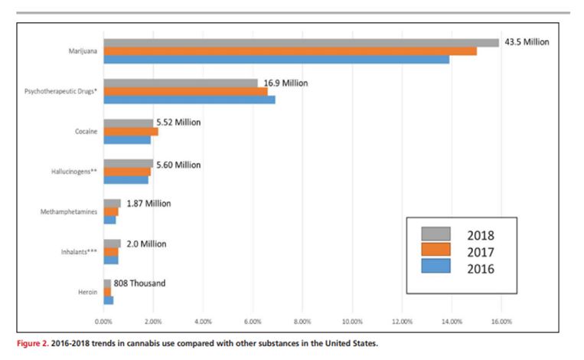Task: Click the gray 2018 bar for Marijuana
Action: click(x=302, y=43)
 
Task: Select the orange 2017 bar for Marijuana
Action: click(x=290, y=51)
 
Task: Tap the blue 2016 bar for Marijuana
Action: click(x=276, y=60)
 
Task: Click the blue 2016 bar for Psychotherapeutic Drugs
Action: click(x=189, y=100)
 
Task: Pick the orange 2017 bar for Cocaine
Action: click(x=131, y=132)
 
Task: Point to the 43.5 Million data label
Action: click(x=527, y=42)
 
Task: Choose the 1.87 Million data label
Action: click(x=148, y=204)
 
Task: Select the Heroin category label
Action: click(x=88, y=292)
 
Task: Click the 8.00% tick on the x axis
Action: click(x=302, y=322)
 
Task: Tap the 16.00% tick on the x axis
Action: click(x=501, y=322)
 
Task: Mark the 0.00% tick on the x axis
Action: click(x=103, y=322)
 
